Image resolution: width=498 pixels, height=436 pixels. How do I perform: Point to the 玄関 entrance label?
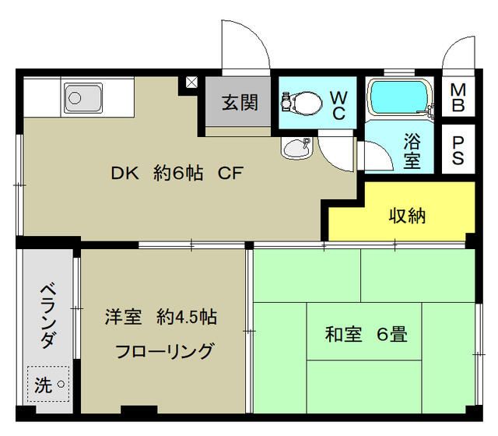coord(239,102)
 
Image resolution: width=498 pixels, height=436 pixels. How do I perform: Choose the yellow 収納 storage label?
coord(407,215)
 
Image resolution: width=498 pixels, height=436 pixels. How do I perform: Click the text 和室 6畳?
coord(366,336)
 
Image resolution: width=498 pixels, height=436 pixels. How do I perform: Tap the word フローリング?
coord(164,351)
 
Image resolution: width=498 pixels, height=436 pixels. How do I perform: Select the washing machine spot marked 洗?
coord(49,383)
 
